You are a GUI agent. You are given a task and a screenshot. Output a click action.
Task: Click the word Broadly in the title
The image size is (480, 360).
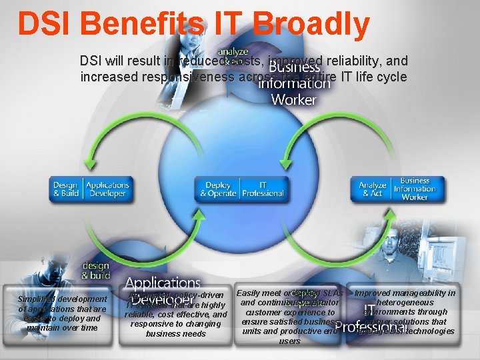tap(315, 24)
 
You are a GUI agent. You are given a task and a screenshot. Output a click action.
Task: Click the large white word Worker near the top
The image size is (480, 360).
tap(293, 99)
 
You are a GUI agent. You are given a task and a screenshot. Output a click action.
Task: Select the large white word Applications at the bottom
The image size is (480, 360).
tap(163, 284)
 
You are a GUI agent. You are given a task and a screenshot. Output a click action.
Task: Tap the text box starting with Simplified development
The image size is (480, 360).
tap(63, 313)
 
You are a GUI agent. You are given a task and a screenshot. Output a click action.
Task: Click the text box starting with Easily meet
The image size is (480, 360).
tap(291, 317)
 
